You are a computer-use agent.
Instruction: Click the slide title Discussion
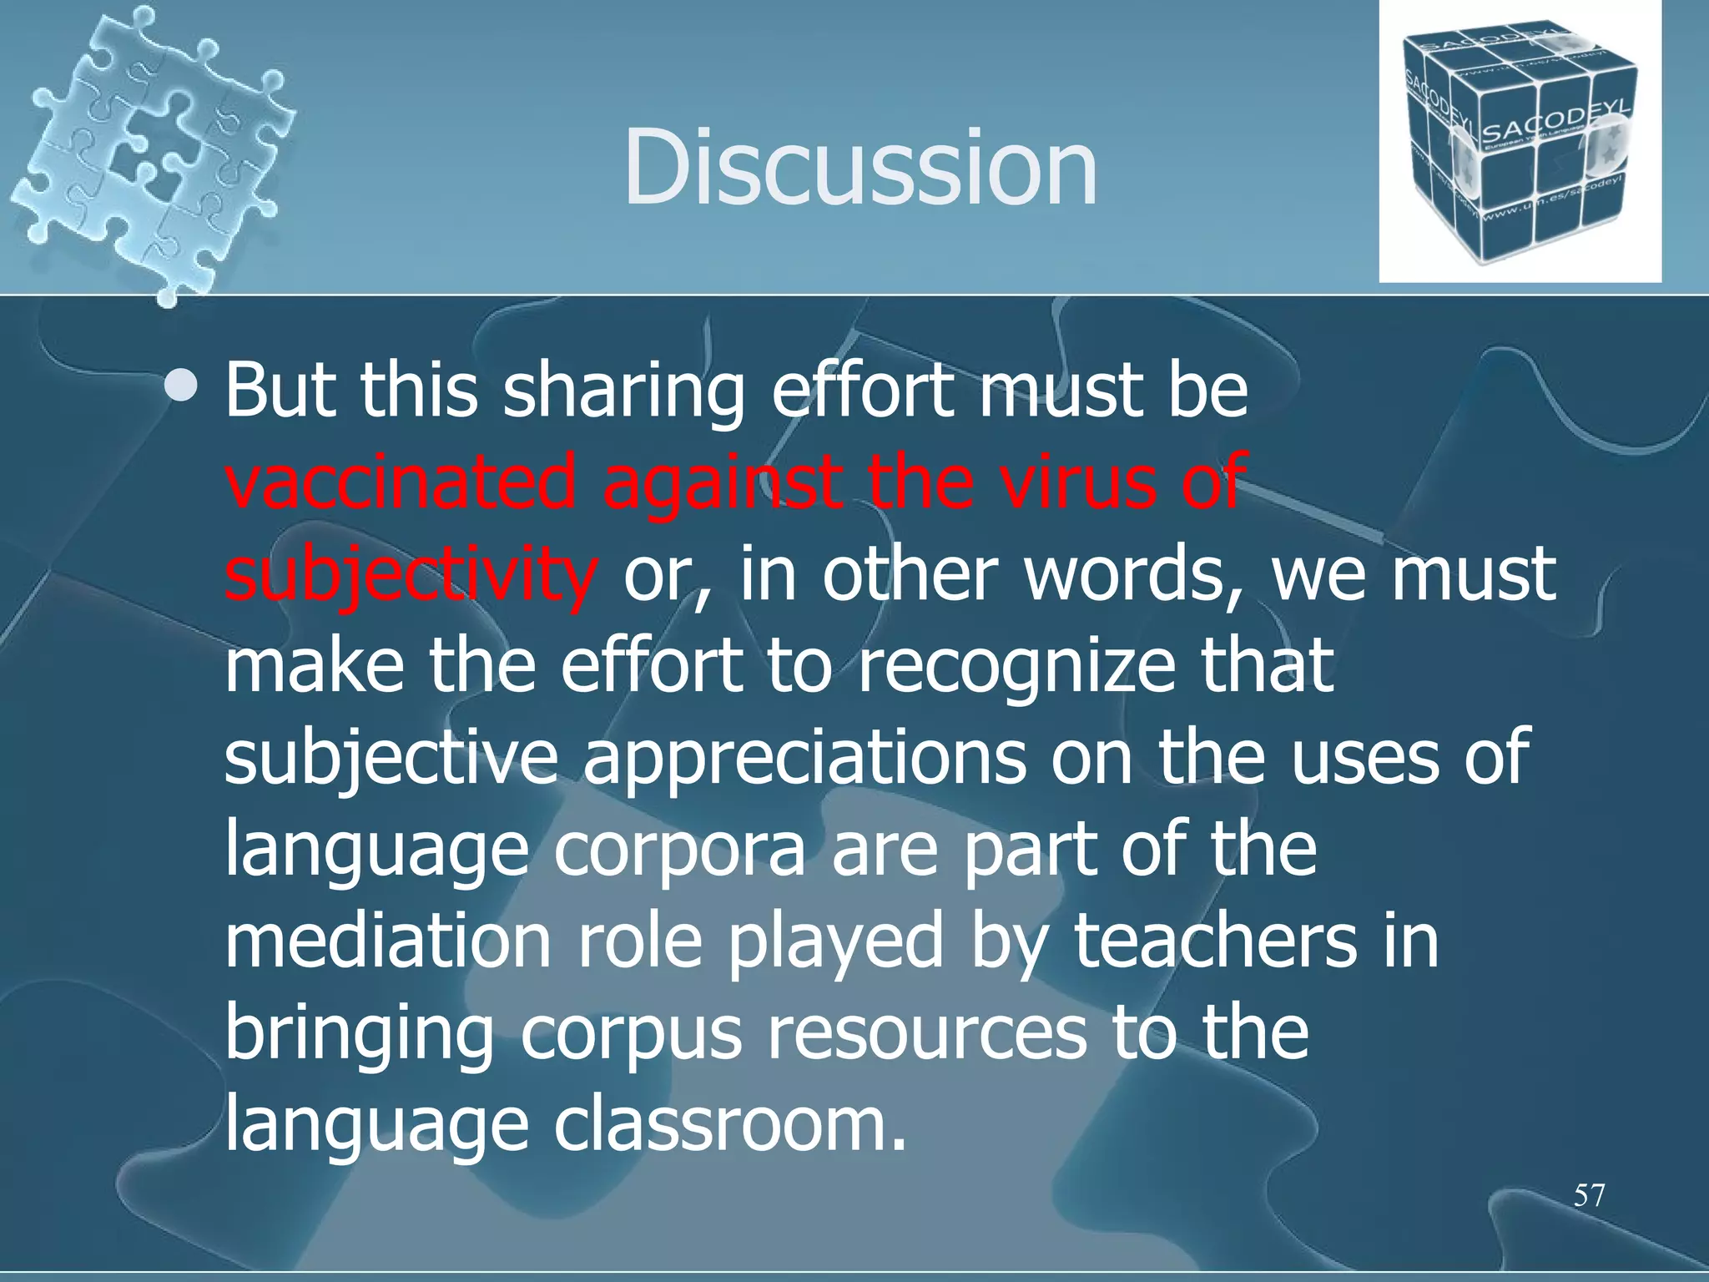click(x=860, y=167)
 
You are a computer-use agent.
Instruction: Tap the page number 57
click(x=1589, y=1195)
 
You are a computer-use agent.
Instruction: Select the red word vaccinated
click(x=401, y=482)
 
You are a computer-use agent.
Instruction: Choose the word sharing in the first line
click(x=623, y=391)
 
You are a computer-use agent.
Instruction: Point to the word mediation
click(x=388, y=940)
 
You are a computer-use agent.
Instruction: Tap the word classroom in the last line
click(x=729, y=1123)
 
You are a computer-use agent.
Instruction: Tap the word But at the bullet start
click(x=281, y=391)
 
